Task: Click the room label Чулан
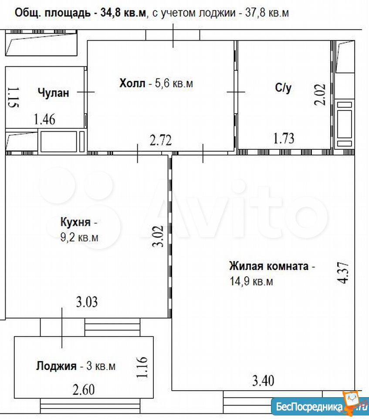(53, 93)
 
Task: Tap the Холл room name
(132, 83)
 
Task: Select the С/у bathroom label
(283, 88)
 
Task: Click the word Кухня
(75, 222)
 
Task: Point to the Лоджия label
(56, 366)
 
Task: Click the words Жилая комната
(269, 266)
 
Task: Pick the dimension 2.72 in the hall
(161, 140)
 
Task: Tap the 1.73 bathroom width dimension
(284, 138)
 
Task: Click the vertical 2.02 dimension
(320, 95)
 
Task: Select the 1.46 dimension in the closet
(44, 119)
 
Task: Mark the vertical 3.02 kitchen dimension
(158, 236)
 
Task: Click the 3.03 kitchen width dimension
(87, 302)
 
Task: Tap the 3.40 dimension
(263, 381)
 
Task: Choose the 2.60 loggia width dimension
(84, 390)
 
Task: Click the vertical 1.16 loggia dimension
(142, 367)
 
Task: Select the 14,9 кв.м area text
(251, 282)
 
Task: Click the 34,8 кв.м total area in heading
(124, 13)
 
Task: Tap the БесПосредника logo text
(309, 407)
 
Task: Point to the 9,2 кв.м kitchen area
(80, 237)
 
